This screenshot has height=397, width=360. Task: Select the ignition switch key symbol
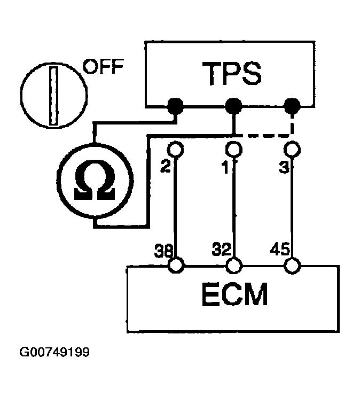click(53, 95)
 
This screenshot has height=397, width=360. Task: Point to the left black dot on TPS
click(175, 106)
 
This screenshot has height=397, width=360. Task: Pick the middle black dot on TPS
click(233, 106)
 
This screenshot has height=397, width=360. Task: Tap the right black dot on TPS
click(292, 106)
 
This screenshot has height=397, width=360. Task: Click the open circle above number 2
click(175, 148)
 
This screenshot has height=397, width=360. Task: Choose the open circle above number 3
click(292, 148)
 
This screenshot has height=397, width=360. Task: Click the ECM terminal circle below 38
click(175, 264)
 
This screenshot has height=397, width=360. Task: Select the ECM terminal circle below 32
click(233, 264)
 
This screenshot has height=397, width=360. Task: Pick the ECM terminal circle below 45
click(292, 264)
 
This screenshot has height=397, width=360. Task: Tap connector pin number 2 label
click(165, 167)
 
